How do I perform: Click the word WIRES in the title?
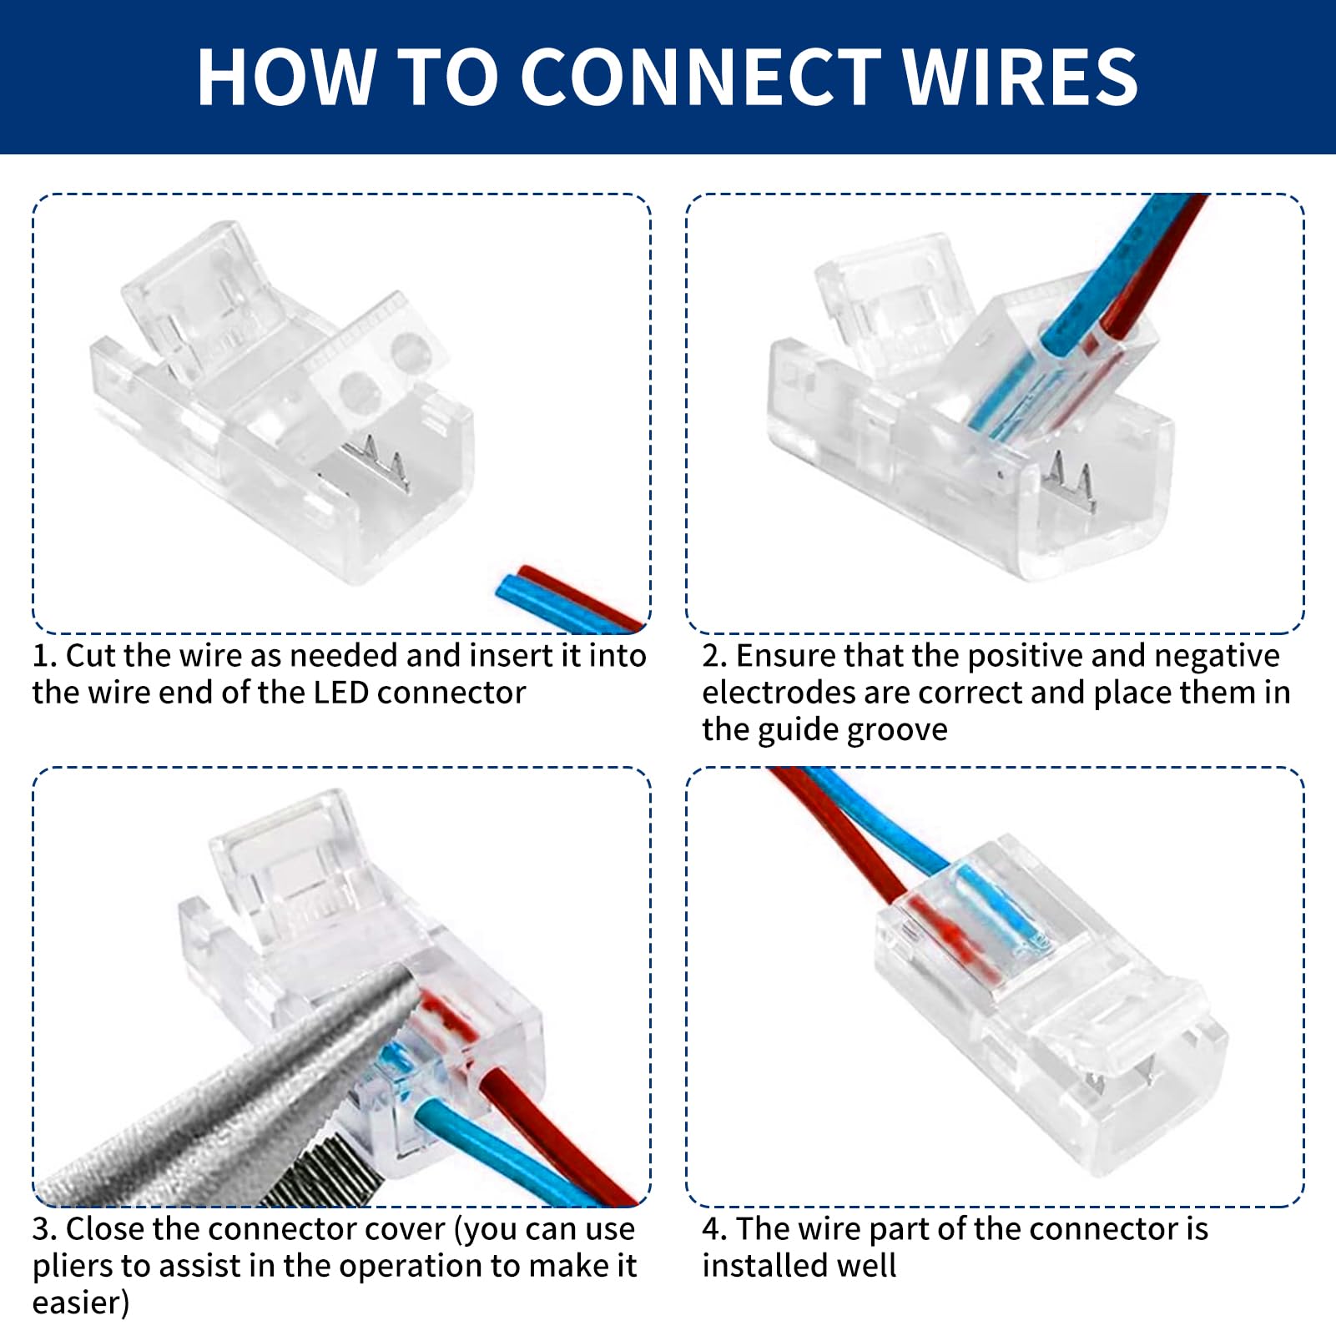[1021, 77]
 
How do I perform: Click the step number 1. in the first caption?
[44, 656]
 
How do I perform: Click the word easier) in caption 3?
[81, 1303]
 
